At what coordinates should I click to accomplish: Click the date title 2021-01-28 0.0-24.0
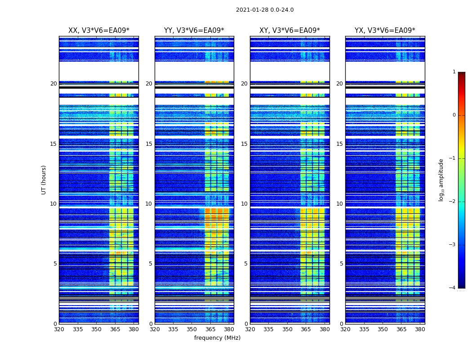click(x=265, y=10)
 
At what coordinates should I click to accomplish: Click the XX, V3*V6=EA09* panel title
click(x=98, y=31)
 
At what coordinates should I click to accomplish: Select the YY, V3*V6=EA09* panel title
click(x=194, y=31)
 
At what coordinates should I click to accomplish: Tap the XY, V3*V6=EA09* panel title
click(x=289, y=31)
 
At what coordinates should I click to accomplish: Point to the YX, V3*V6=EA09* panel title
click(x=385, y=31)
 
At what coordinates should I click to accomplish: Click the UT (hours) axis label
click(x=44, y=180)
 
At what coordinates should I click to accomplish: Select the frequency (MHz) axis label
click(x=217, y=338)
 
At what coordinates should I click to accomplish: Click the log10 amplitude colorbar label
click(x=441, y=180)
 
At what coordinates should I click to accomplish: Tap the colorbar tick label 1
click(x=454, y=72)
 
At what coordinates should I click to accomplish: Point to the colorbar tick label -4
click(x=453, y=288)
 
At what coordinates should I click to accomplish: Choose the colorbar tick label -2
click(x=453, y=202)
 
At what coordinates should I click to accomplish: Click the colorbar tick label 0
click(x=454, y=115)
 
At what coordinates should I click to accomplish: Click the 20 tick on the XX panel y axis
click(x=53, y=84)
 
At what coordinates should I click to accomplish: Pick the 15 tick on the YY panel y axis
click(x=149, y=144)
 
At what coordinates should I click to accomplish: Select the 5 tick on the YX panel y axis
click(x=341, y=264)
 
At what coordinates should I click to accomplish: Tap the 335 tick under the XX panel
click(x=78, y=329)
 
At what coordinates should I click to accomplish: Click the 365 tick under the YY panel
click(x=210, y=329)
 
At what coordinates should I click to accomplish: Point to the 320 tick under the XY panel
click(x=250, y=329)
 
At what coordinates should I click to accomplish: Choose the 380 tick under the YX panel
click(x=420, y=329)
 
